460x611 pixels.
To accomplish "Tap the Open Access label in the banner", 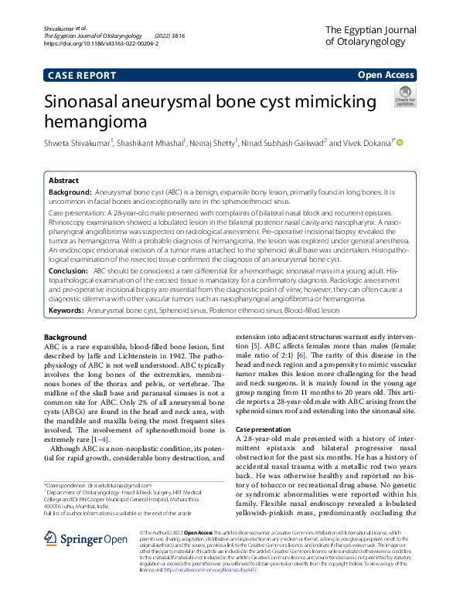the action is [x=386, y=75].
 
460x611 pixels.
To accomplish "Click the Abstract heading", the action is [x=63, y=179].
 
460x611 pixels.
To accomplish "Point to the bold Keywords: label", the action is [x=66, y=309].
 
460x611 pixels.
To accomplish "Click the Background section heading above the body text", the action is [x=66, y=338].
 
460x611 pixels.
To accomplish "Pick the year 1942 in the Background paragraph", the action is [x=204, y=357].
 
